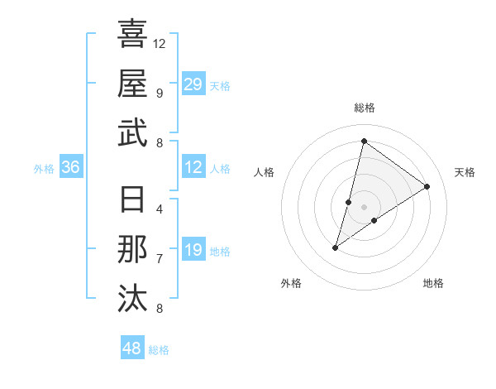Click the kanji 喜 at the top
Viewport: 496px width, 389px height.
132,35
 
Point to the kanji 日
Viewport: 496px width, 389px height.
132,202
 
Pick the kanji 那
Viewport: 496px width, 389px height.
132,250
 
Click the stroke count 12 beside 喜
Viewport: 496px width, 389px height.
160,43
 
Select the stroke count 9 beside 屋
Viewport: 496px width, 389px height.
159,93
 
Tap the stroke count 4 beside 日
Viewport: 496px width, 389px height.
159,209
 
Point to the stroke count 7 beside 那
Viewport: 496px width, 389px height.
159,258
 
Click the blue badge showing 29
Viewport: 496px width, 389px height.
193,84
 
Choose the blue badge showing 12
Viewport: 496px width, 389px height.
193,168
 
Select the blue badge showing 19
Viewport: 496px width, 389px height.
193,250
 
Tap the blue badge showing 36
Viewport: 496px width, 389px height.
70,168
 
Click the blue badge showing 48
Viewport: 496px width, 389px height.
132,348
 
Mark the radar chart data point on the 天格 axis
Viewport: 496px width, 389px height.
427,186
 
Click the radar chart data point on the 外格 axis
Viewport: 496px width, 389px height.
336,247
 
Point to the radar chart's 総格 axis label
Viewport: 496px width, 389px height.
365,108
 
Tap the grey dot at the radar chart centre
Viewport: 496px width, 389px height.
365,206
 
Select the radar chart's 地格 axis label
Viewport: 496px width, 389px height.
433,284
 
